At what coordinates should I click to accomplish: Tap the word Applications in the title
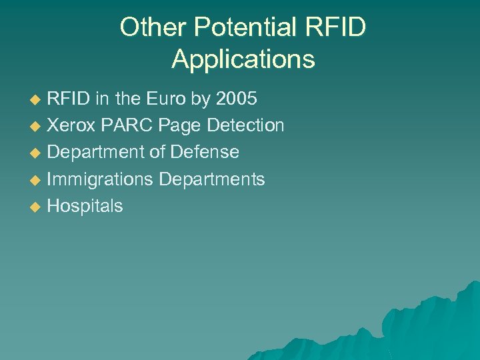coord(243,59)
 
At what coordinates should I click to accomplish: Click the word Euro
coord(164,99)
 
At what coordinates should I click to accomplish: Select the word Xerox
coord(71,125)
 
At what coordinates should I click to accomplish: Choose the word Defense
coord(204,152)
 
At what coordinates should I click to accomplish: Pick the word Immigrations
coord(100,179)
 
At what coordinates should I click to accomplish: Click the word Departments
coord(212,179)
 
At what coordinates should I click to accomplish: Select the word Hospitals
coord(85,206)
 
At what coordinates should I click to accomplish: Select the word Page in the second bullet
coord(180,125)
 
